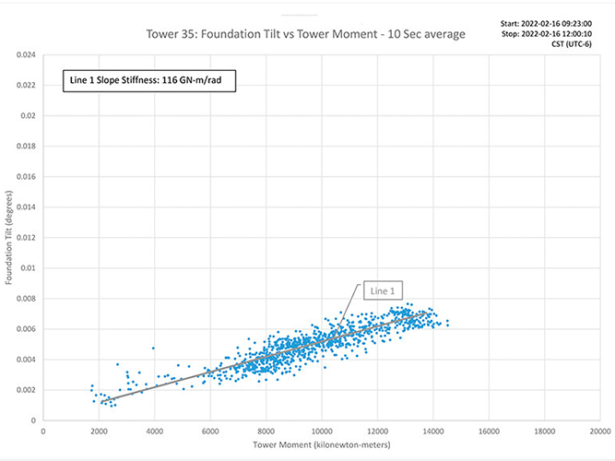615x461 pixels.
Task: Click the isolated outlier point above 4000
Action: tap(153, 349)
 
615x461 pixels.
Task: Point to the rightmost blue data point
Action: tap(448, 323)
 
